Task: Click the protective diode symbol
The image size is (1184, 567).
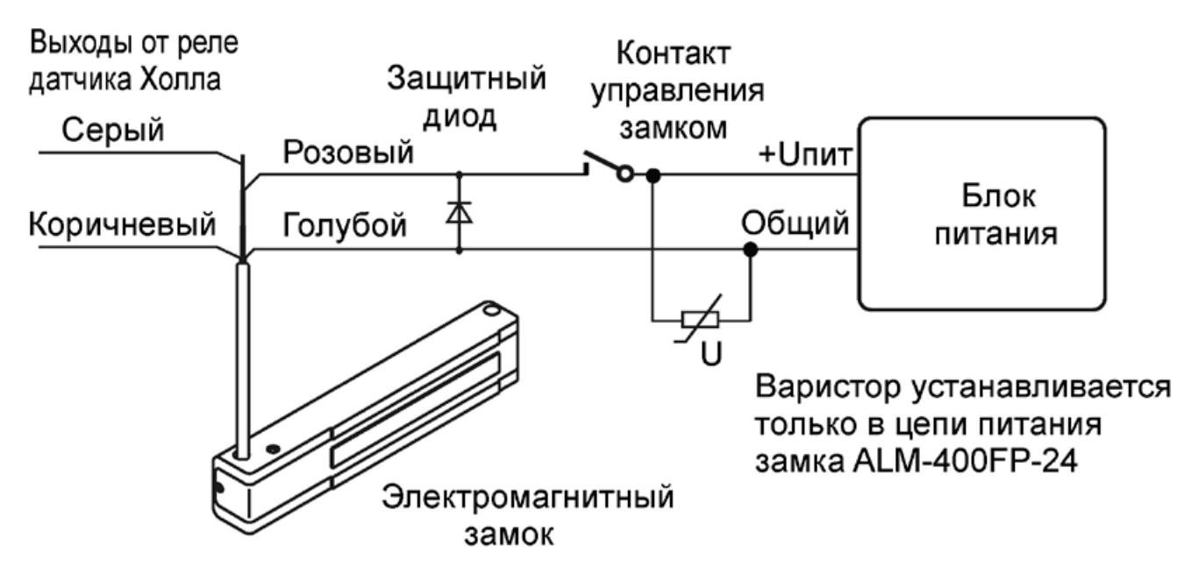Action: coord(458,212)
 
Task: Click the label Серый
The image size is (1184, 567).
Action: coord(112,134)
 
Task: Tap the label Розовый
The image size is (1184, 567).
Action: coord(347,153)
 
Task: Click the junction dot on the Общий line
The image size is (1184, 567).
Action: coord(749,251)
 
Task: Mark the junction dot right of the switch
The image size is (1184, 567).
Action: coord(652,176)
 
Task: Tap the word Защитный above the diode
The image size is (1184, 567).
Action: coord(466,82)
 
